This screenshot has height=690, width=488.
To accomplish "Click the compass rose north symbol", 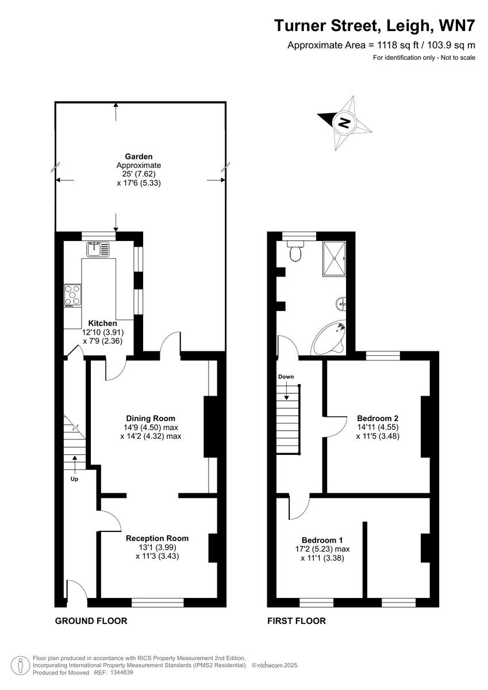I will (x=344, y=122).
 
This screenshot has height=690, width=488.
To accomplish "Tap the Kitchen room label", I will (x=103, y=324).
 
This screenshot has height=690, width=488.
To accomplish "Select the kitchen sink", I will (x=98, y=250).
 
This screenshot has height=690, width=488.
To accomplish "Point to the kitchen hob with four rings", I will (x=73, y=294).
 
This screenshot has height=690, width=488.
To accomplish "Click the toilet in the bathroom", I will (x=296, y=252).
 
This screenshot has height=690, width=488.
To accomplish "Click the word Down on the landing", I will (x=286, y=377).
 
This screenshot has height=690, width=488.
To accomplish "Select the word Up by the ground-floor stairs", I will (x=74, y=478).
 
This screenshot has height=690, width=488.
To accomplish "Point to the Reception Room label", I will (x=157, y=539).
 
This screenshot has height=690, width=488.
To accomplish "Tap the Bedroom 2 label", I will (x=378, y=418).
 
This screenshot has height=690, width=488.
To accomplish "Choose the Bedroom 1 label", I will (x=322, y=540).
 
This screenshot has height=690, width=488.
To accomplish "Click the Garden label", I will (x=139, y=156).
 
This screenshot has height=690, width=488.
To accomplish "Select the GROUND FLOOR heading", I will (x=91, y=621).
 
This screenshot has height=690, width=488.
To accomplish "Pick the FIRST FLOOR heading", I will (x=297, y=621).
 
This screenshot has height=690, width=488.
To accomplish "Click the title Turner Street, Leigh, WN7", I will (x=374, y=26).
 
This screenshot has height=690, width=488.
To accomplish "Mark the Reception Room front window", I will (x=157, y=602).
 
